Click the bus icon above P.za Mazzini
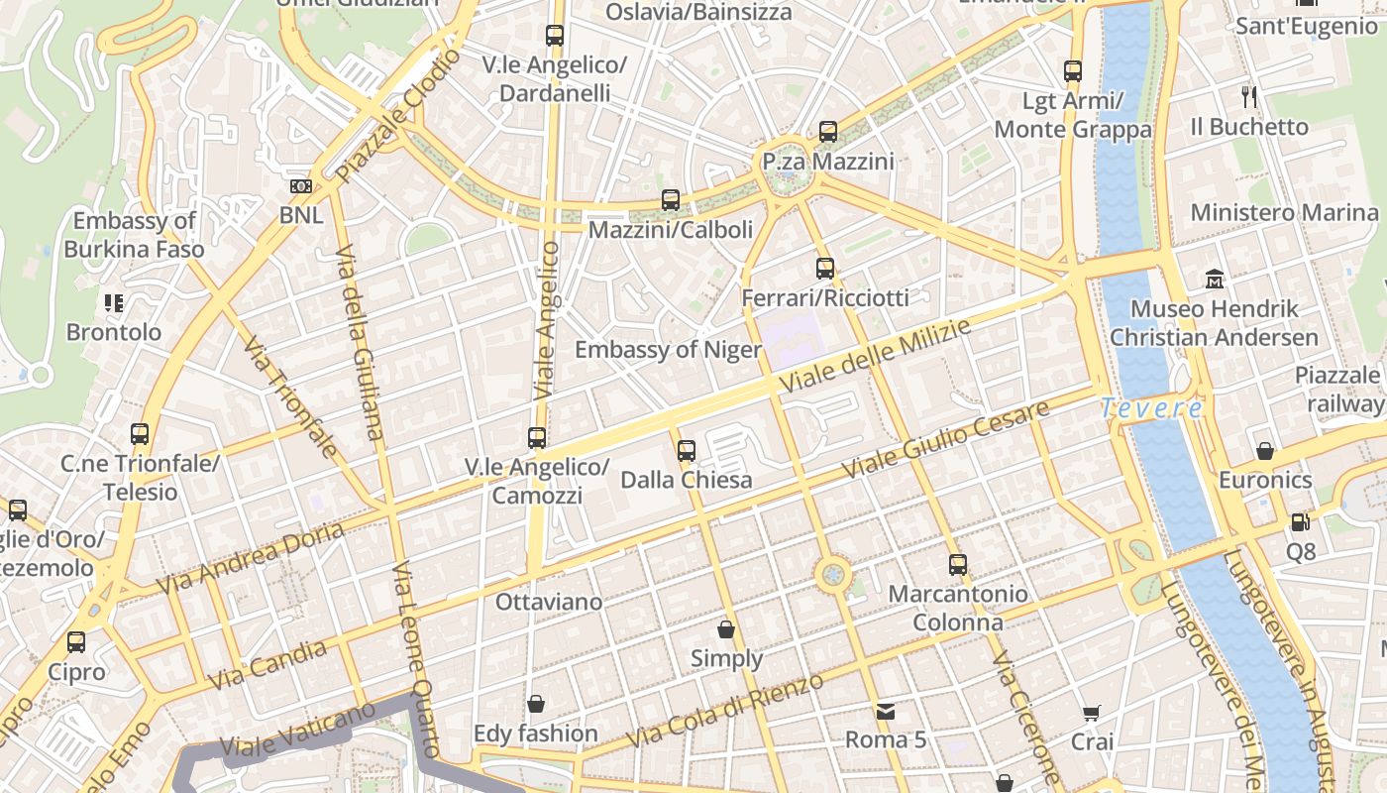(828, 131)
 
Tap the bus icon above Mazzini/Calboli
(671, 200)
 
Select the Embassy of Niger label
(668, 350)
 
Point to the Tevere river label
(1152, 407)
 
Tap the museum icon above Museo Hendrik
(1215, 280)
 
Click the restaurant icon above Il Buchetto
(1249, 97)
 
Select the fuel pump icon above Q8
(1300, 521)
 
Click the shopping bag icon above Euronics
(1265, 451)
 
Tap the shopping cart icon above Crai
(1092, 713)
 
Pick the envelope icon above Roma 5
(885, 711)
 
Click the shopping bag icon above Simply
(726, 629)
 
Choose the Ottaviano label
(548, 602)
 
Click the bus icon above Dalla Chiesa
(687, 451)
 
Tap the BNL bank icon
(301, 186)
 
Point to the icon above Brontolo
(113, 302)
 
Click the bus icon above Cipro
(76, 642)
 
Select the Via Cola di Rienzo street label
(725, 711)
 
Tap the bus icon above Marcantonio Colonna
(957, 565)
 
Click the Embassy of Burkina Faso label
(134, 235)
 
